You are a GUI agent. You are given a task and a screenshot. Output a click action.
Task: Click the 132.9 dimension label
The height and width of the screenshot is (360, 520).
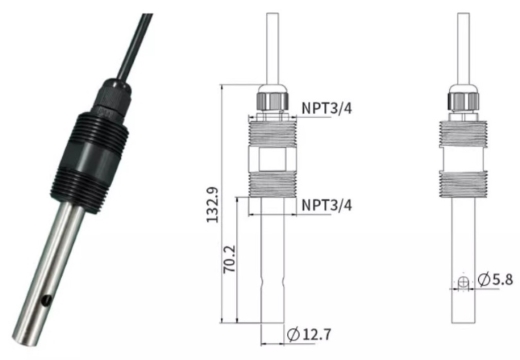click(212, 205)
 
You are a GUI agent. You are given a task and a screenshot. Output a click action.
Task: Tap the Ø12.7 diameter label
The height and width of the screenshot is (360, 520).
click(309, 334)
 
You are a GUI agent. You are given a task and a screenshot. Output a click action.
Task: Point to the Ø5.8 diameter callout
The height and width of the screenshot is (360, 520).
click(495, 279)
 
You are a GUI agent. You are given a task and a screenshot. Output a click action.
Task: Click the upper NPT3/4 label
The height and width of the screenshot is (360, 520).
click(326, 108)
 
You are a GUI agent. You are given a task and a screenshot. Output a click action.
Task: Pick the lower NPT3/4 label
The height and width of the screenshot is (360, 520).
click(326, 205)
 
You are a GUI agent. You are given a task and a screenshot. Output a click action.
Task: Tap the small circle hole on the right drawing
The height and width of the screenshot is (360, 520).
click(463, 283)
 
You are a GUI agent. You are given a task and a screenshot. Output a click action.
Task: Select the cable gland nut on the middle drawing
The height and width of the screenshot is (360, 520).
click(272, 100)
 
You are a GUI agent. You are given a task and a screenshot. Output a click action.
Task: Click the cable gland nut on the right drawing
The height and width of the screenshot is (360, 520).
click(463, 100)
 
